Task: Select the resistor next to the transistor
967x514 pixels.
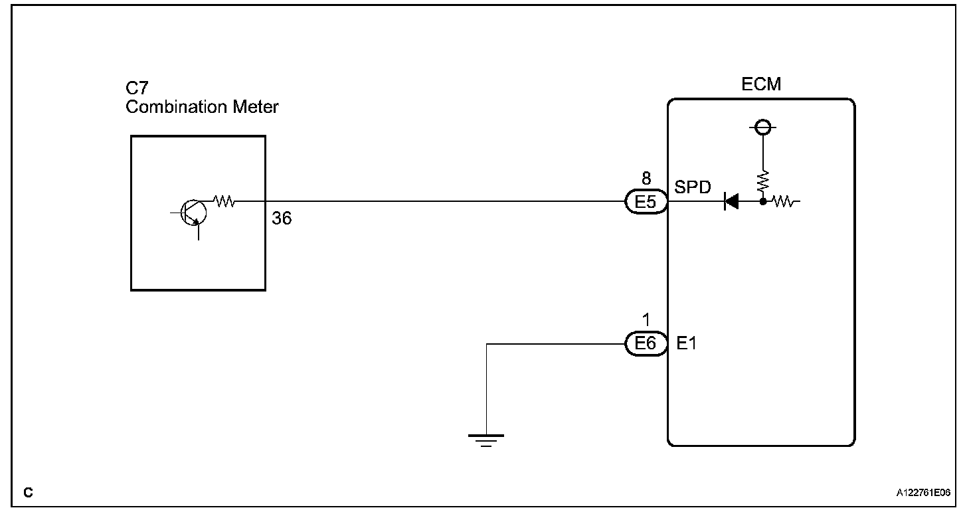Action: (224, 201)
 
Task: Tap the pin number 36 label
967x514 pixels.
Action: (282, 218)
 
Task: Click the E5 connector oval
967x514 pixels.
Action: (646, 201)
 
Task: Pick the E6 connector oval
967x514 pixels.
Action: (646, 343)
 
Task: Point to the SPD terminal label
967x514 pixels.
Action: (693, 187)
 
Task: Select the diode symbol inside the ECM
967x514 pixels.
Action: (731, 201)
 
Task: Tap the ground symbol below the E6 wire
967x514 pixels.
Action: (486, 440)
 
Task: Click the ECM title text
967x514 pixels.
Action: (761, 85)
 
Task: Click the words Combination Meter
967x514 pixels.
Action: (202, 106)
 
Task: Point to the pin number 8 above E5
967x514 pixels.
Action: (646, 179)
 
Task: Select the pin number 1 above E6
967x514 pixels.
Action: (646, 321)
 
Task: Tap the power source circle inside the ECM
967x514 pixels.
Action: (763, 127)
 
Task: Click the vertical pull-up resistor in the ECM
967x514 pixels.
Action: (763, 179)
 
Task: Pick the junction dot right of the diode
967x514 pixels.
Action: (763, 201)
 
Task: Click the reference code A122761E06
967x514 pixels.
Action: (923, 493)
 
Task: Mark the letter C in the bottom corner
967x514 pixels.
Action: (28, 493)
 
